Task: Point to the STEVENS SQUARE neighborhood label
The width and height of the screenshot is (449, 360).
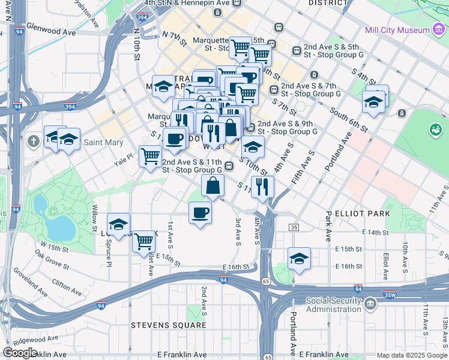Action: tap(169, 325)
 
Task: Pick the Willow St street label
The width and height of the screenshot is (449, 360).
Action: tap(94, 218)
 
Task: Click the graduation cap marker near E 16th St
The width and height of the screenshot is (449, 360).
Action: tap(299, 259)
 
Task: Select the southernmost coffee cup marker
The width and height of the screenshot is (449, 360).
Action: tap(200, 212)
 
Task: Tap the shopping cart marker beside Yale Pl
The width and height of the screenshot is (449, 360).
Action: tap(150, 156)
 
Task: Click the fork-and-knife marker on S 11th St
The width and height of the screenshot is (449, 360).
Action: tap(262, 186)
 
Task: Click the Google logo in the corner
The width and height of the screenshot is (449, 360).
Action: tap(20, 352)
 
